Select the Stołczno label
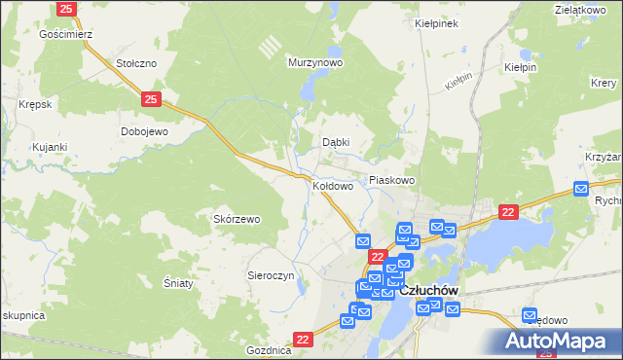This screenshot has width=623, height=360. [x=136, y=63]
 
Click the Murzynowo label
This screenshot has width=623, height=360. [x=315, y=62]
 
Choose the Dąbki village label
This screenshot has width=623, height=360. [x=336, y=142]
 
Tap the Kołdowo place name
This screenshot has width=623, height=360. [x=333, y=185]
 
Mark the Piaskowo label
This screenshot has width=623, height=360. [x=392, y=180]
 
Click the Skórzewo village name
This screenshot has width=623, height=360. [x=237, y=219]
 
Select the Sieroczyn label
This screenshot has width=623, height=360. [x=271, y=275]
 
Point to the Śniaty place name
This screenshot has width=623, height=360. [x=178, y=283]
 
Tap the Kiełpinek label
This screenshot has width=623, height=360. [x=436, y=22]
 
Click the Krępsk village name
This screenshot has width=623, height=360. [x=34, y=103]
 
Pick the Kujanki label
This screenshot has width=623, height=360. [x=49, y=147]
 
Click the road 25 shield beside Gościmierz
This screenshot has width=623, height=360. [x=66, y=9]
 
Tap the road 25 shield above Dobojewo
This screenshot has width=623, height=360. [x=150, y=99]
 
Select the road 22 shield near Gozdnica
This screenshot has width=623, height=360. [x=304, y=339]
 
